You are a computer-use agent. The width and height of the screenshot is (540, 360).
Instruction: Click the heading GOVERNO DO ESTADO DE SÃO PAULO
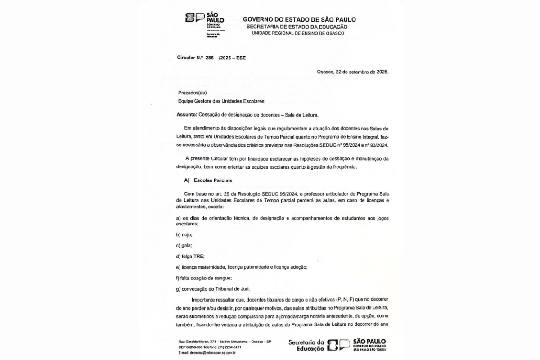pyautogui.click(x=299, y=19)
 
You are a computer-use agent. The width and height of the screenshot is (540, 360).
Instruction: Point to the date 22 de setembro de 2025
pyautogui.click(x=362, y=72)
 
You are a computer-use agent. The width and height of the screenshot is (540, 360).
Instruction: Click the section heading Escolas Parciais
pyautogui.click(x=212, y=180)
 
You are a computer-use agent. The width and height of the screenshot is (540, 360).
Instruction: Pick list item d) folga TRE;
pyautogui.click(x=190, y=256)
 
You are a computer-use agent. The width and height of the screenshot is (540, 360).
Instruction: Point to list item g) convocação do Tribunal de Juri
pyautogui.click(x=213, y=289)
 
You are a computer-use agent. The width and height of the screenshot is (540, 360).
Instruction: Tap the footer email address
pyautogui.click(x=207, y=352)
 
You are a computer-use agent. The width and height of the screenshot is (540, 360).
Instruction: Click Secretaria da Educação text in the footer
pyautogui.click(x=306, y=345)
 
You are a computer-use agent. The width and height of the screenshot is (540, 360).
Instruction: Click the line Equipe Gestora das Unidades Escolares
pyautogui.click(x=221, y=101)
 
